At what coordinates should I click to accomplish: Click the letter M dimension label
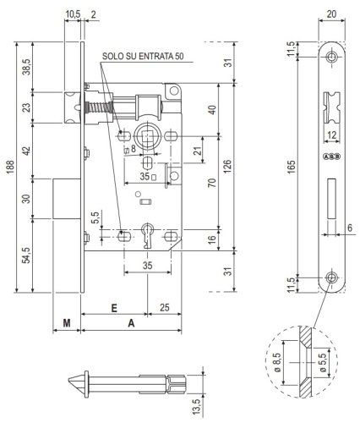point(66,322)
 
